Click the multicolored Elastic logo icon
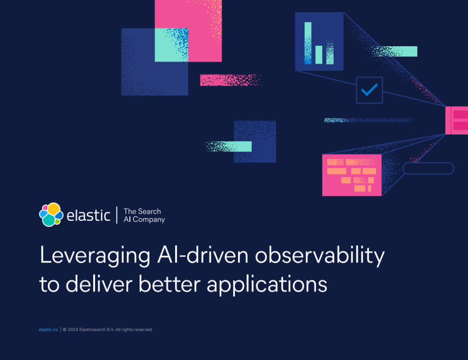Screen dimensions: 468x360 tap(51, 215)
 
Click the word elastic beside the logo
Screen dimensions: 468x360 tap(88, 215)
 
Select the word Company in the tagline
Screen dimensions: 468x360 tap(149, 220)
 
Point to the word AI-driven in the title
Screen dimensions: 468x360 tap(202, 255)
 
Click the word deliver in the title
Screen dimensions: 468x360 tap(99, 284)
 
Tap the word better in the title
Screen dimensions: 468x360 tap(170, 284)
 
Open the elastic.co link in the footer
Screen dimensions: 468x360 tap(48, 329)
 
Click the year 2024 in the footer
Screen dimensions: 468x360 tap(73, 329)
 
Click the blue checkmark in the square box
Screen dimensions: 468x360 tap(369, 90)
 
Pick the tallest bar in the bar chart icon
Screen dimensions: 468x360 tap(308, 43)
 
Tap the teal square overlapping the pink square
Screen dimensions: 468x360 tap(171, 45)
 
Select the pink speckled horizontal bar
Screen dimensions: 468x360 tap(230, 80)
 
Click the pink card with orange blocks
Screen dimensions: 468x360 tap(352, 175)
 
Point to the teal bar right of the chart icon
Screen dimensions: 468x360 tap(394, 51)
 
